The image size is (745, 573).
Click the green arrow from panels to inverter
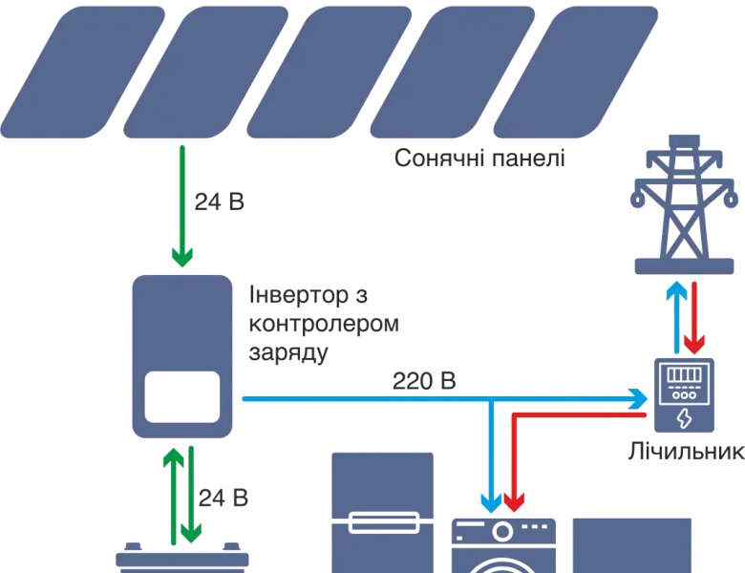coord(182,205)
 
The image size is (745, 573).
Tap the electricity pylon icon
coord(680,201)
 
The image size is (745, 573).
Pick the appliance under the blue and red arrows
coord(503,542)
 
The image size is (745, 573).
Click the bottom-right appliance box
coord(631,542)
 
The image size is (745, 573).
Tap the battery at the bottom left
coord(181,560)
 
